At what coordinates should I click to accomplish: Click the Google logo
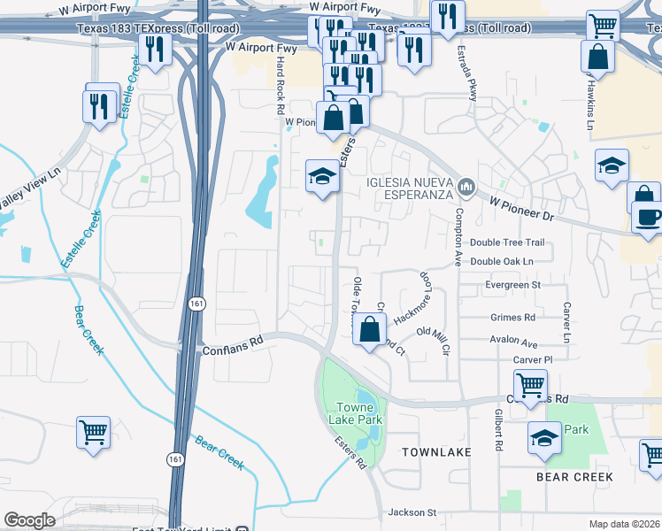click(29, 520)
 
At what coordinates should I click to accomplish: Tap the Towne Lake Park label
click(353, 414)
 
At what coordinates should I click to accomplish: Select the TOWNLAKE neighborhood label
click(435, 452)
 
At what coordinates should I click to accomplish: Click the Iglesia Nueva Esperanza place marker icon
click(467, 188)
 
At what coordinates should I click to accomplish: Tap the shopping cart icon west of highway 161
click(93, 433)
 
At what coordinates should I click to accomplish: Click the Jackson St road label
click(412, 512)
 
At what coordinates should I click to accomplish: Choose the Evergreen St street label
click(512, 285)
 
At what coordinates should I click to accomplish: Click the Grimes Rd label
click(512, 317)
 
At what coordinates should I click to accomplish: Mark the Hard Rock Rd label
click(280, 86)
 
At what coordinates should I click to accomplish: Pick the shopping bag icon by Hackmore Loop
click(370, 329)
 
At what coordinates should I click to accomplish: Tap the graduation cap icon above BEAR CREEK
click(544, 437)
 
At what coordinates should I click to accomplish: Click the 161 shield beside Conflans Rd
click(193, 304)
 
